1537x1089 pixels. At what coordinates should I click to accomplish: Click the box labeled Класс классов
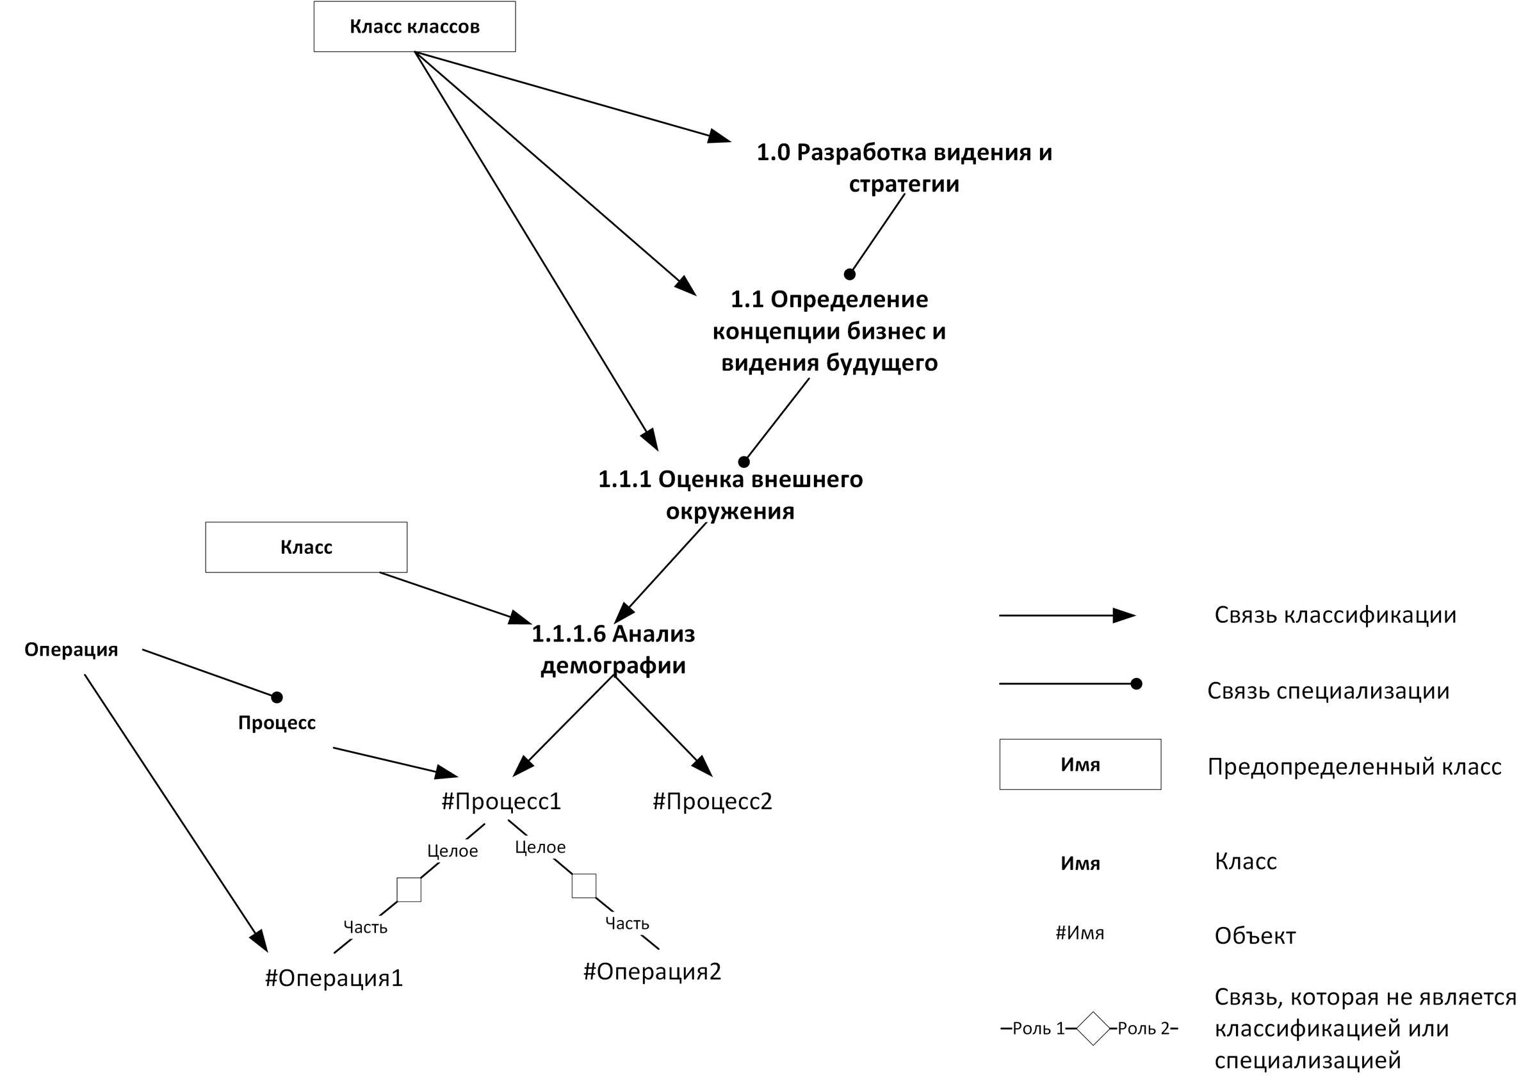click(414, 27)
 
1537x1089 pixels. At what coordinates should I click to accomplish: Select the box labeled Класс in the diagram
click(305, 547)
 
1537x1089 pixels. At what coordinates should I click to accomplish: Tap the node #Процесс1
click(501, 802)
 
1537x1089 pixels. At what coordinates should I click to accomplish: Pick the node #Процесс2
click(712, 802)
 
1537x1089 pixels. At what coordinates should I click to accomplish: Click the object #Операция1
click(334, 978)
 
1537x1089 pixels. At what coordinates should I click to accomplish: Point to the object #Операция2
click(652, 972)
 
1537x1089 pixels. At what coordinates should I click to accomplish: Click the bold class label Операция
click(71, 650)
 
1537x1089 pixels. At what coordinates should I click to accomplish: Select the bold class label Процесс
click(277, 723)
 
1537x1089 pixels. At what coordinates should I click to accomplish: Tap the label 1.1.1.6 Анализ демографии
click(614, 650)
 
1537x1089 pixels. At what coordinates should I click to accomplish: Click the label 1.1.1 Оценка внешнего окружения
click(730, 496)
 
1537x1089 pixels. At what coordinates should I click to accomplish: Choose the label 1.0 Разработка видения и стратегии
click(904, 168)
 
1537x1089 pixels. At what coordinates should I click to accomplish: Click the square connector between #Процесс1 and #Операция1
click(409, 889)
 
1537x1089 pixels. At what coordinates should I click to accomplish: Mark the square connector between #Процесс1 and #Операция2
click(583, 886)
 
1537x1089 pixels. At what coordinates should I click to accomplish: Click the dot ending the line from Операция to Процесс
click(277, 697)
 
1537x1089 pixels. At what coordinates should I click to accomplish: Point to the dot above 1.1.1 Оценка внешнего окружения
click(744, 462)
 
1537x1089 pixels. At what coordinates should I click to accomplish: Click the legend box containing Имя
click(1080, 764)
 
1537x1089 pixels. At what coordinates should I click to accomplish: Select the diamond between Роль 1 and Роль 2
click(1093, 1029)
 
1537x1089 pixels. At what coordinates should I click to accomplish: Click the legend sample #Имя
click(1080, 933)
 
